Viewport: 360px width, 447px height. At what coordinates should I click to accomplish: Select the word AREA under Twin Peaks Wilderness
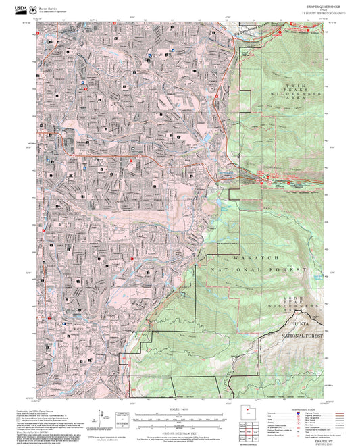(x=298, y=99)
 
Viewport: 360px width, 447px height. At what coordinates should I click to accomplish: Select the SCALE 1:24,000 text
(x=180, y=409)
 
